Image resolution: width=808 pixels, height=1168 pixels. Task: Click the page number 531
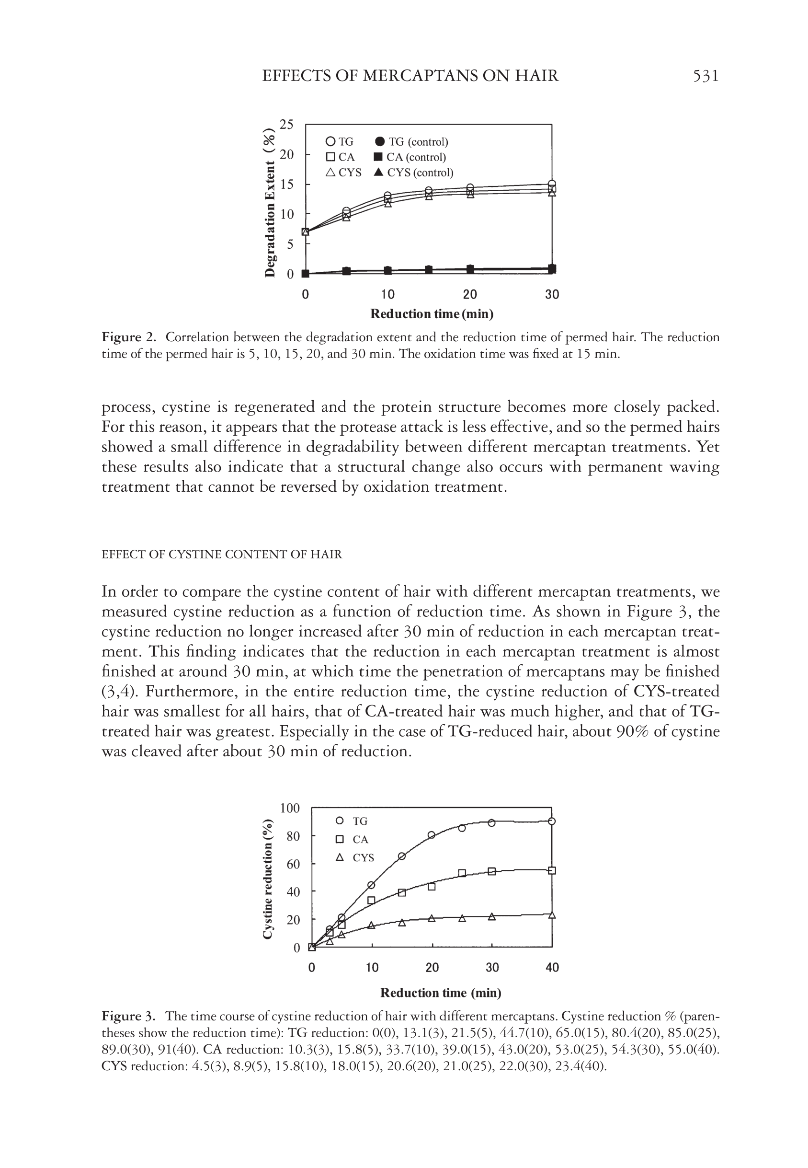click(x=705, y=76)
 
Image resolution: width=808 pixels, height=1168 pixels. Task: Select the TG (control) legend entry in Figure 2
click(x=411, y=142)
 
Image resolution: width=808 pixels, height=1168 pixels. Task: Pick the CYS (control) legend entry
click(x=413, y=173)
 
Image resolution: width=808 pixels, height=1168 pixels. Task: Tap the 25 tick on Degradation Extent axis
click(x=286, y=125)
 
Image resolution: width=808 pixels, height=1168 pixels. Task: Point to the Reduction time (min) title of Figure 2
click(x=432, y=314)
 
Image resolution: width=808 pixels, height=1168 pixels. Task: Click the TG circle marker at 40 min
click(x=552, y=821)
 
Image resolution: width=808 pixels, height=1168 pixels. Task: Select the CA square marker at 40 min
click(x=552, y=871)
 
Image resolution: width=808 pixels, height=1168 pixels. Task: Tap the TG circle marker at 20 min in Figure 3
click(x=432, y=835)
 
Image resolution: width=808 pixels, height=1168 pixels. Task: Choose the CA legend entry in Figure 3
click(x=354, y=839)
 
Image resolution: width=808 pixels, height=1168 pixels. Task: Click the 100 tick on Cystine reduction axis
click(x=290, y=808)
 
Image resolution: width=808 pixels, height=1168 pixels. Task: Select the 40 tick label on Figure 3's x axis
click(x=552, y=968)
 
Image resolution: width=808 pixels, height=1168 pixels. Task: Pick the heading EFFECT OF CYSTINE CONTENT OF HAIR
click(x=222, y=555)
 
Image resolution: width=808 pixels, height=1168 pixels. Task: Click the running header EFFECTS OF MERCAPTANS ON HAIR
click(x=410, y=76)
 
